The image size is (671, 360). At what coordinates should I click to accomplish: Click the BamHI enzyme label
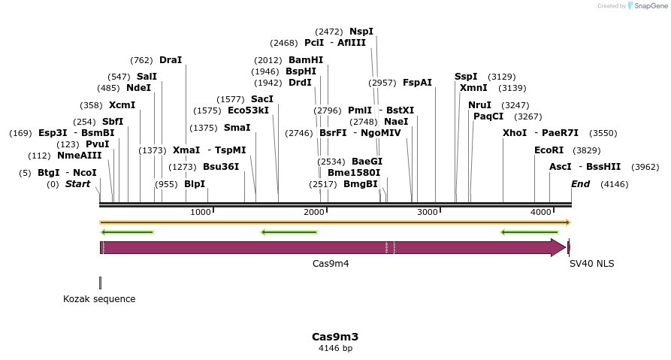click(x=306, y=60)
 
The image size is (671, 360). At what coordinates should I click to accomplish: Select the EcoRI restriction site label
click(x=549, y=150)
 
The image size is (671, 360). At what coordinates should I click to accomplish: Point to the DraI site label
click(x=171, y=60)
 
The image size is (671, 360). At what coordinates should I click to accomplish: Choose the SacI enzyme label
click(x=262, y=99)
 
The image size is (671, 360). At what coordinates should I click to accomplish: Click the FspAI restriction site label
click(x=417, y=83)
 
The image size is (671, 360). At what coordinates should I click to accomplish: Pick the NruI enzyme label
click(x=479, y=105)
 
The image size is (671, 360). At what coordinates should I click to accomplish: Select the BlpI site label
click(x=195, y=184)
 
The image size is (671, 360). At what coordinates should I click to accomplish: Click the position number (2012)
click(x=267, y=60)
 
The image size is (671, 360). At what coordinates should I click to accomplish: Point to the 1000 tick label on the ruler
click(x=201, y=213)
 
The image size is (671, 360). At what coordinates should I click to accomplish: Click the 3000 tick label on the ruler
click(x=427, y=213)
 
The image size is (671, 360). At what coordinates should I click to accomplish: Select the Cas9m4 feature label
click(x=331, y=264)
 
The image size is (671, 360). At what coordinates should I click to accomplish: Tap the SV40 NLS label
click(x=591, y=264)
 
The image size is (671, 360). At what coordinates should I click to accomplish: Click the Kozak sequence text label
click(x=99, y=299)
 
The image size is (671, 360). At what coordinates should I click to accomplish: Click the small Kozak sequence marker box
click(x=100, y=283)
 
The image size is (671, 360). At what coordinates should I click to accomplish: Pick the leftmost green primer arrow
click(x=127, y=232)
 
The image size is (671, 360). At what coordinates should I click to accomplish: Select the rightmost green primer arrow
click(x=529, y=232)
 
